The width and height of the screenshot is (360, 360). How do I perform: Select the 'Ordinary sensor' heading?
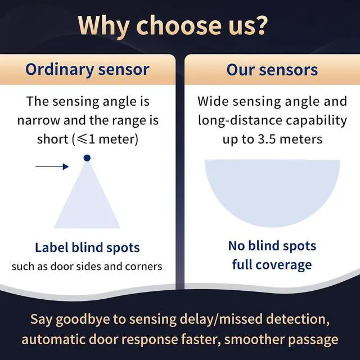pos(87,70)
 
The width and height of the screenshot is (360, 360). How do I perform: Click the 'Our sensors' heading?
pos(272,70)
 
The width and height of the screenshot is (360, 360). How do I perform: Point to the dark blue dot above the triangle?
pos(87,158)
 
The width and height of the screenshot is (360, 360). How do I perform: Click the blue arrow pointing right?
pos(52,166)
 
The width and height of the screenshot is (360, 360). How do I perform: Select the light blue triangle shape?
pos(87,197)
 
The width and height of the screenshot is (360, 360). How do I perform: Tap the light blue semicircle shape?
pos(272,191)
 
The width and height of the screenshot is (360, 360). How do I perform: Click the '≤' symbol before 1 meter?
pos(82,139)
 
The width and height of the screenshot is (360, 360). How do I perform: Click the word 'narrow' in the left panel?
pos(39,120)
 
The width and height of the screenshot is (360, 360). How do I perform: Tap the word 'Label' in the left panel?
pos(52,247)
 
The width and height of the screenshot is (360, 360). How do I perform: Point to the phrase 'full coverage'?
pos(272,265)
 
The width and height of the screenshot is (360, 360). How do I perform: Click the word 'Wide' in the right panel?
pos(213,101)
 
